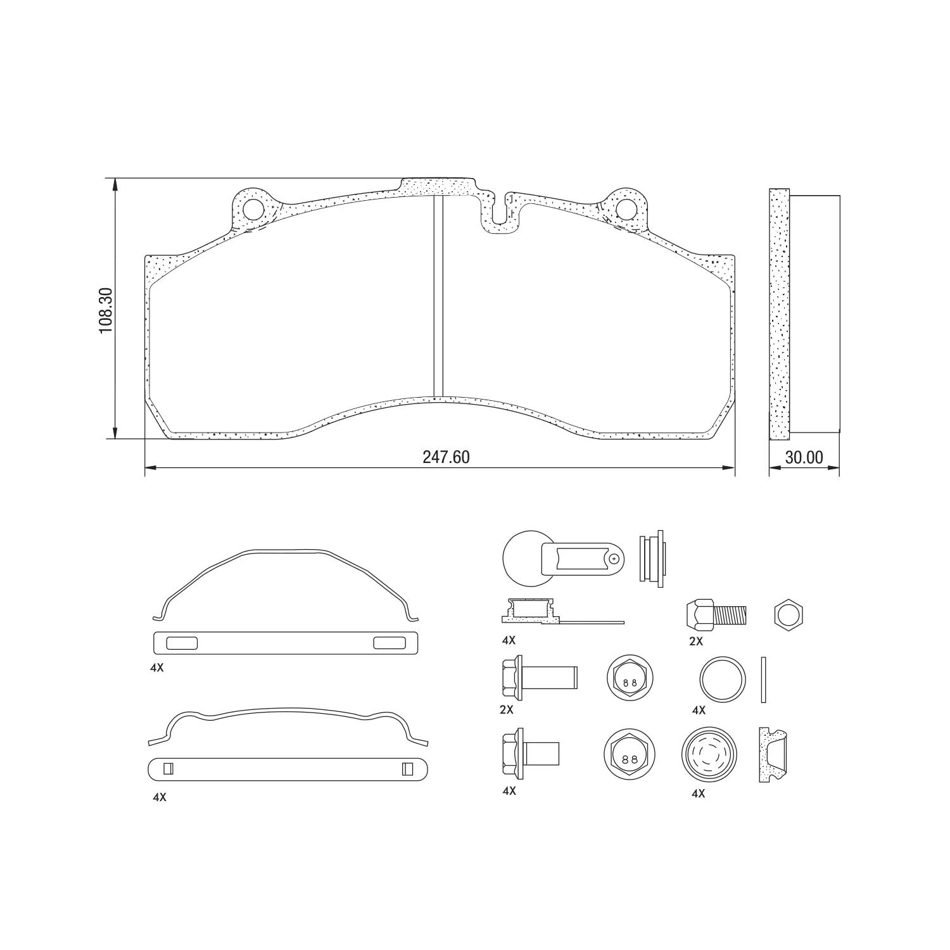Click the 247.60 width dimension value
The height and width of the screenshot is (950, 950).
tap(446, 457)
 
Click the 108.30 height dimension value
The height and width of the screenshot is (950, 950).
tap(106, 310)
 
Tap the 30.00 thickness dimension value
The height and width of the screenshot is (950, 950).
tap(804, 457)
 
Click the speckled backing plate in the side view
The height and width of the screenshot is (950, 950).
tap(780, 313)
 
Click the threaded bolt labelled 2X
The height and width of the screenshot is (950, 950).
tap(716, 613)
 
